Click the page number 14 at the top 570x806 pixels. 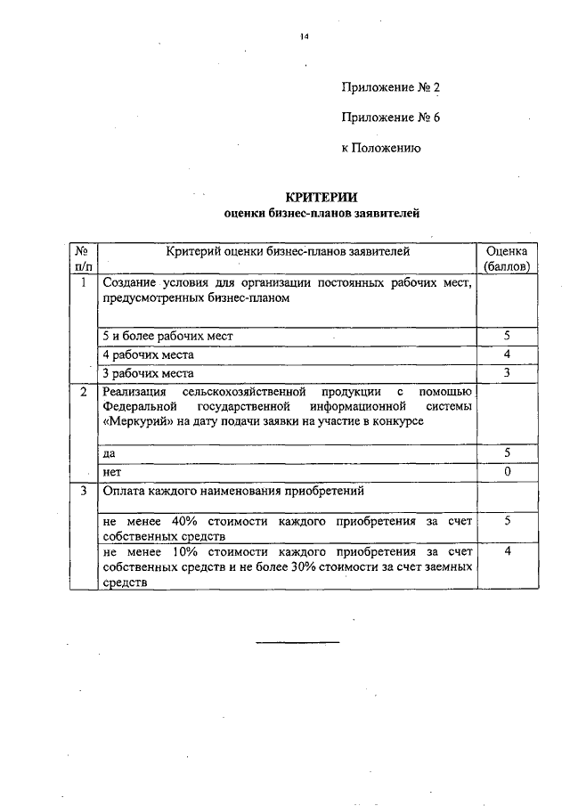pyautogui.click(x=304, y=37)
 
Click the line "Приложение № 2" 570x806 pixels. pyautogui.click(x=390, y=87)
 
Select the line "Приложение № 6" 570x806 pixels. pyautogui.click(x=390, y=118)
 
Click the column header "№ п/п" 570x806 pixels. pyautogui.click(x=83, y=258)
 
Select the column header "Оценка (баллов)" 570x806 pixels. pyautogui.click(x=506, y=258)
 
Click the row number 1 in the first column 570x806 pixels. pyautogui.click(x=83, y=282)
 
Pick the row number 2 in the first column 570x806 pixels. pyautogui.click(x=83, y=392)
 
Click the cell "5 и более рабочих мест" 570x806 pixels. pyautogui.click(x=167, y=337)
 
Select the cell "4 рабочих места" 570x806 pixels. pyautogui.click(x=148, y=354)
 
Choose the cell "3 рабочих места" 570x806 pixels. pyautogui.click(x=148, y=373)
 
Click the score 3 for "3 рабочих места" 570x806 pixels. pyautogui.click(x=506, y=373)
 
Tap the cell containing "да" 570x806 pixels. pyautogui.click(x=110, y=453)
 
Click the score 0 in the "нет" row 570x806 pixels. pyautogui.click(x=506, y=471)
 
